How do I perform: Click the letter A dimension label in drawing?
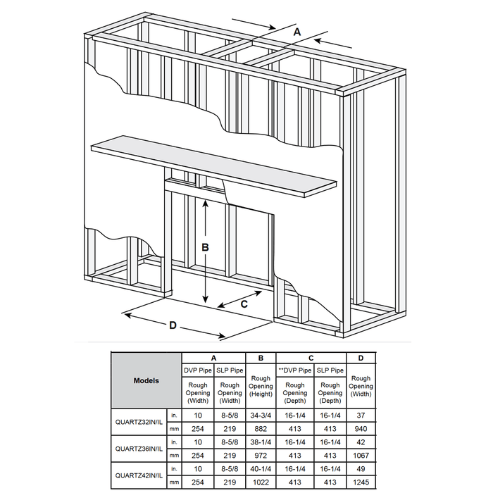click(x=297, y=32)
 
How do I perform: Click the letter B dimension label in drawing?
click(x=205, y=247)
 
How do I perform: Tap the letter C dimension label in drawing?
click(x=244, y=304)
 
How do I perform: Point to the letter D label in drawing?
click(x=173, y=325)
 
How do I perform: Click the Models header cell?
click(x=146, y=381)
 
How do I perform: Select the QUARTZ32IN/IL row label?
click(x=139, y=422)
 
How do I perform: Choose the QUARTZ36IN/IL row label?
click(x=139, y=449)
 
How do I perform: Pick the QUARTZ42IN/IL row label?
click(x=139, y=475)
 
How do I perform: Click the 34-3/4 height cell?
click(x=261, y=416)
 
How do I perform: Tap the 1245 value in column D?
click(x=361, y=482)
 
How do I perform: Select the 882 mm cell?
click(x=261, y=428)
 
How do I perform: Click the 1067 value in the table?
click(x=361, y=455)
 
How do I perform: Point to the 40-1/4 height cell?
click(x=261, y=469)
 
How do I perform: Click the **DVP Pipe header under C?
click(x=295, y=370)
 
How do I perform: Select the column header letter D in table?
click(x=361, y=358)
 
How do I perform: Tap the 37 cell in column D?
click(x=361, y=416)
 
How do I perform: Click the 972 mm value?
click(x=261, y=455)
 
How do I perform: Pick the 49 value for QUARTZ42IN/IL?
click(x=361, y=469)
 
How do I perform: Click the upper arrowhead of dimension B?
click(x=206, y=204)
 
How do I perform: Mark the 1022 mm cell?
click(x=261, y=482)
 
